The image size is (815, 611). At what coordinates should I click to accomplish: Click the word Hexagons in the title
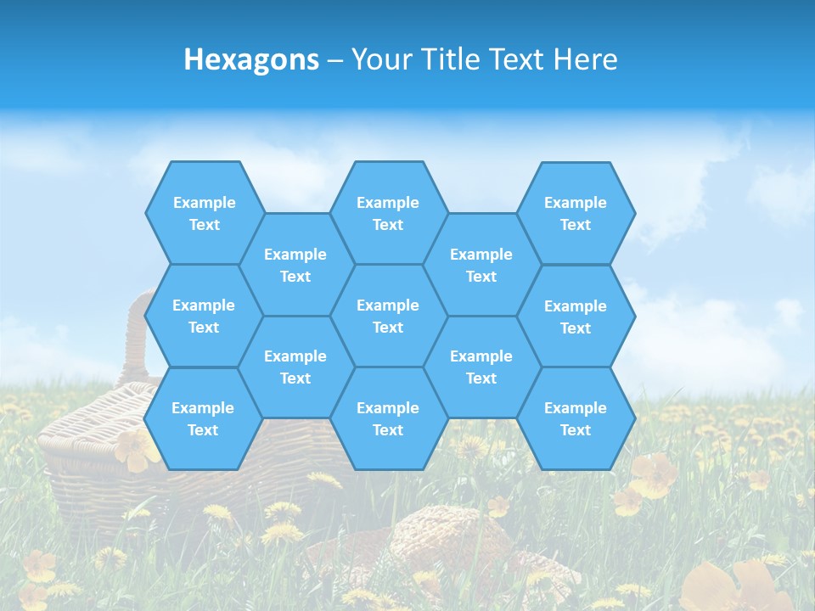[251, 59]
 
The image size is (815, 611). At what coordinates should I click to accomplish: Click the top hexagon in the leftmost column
[204, 213]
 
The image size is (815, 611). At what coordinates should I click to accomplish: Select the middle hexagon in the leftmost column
[204, 316]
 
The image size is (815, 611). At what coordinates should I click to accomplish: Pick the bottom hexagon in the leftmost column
[203, 418]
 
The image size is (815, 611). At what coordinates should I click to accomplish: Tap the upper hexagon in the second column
[295, 265]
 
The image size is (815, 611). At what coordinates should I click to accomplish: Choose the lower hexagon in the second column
[295, 367]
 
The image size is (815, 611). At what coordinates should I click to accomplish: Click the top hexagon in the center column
[388, 213]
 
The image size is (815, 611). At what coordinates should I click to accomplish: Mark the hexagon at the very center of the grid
[388, 316]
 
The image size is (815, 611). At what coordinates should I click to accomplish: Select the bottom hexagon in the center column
[388, 418]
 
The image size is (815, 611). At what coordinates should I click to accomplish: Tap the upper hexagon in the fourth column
[481, 265]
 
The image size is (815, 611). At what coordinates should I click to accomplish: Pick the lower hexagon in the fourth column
[481, 367]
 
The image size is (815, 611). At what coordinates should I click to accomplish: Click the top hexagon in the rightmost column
[576, 213]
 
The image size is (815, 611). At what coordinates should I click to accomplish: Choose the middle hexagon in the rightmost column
[576, 317]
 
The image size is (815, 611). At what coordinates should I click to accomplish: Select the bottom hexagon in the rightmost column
[576, 418]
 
